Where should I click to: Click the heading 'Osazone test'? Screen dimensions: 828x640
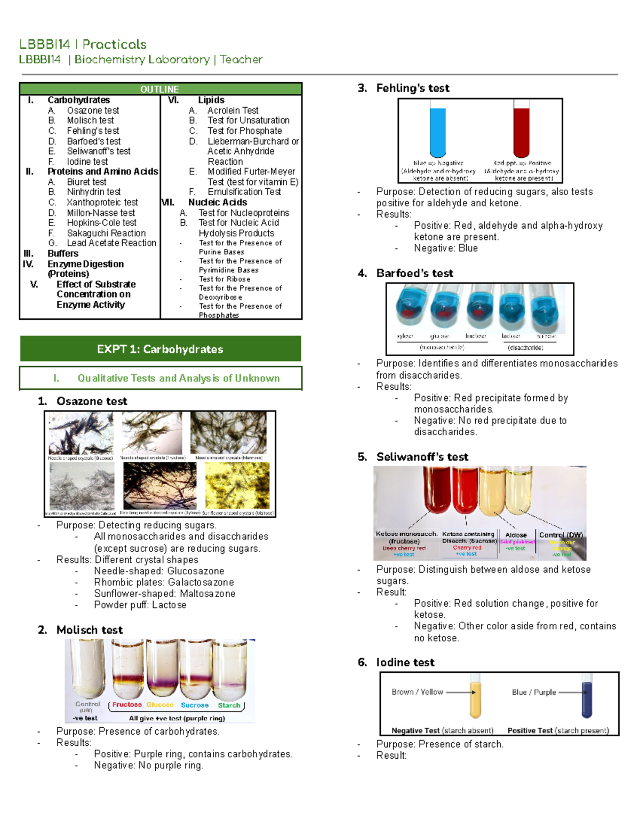tap(92, 401)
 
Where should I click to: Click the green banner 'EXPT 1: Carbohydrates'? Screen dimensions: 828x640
tap(160, 349)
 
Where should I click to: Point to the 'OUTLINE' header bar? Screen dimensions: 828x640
tap(160, 89)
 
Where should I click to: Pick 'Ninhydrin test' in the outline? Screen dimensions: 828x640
tap(94, 191)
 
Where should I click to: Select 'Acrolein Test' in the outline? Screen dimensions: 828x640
tap(233, 110)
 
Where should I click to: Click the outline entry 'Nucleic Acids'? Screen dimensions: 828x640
tap(217, 202)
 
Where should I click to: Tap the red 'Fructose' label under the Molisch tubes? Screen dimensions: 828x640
tap(127, 704)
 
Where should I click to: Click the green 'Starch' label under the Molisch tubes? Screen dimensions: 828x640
tap(229, 705)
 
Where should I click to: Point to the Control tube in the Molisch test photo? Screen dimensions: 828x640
tap(87, 666)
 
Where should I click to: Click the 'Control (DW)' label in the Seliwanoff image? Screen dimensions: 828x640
tap(561, 535)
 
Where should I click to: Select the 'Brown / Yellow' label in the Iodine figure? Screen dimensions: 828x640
tap(417, 692)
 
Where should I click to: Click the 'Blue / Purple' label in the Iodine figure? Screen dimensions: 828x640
tap(534, 692)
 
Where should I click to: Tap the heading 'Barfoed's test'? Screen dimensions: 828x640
tap(414, 273)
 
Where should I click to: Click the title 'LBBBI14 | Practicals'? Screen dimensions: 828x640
tap(83, 44)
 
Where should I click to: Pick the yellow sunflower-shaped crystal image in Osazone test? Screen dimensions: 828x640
tap(237, 486)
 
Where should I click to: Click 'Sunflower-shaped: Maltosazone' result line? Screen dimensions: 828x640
tap(164, 593)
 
